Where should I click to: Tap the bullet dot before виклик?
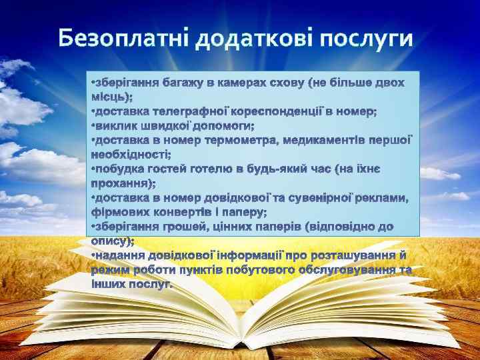point(93,126)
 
